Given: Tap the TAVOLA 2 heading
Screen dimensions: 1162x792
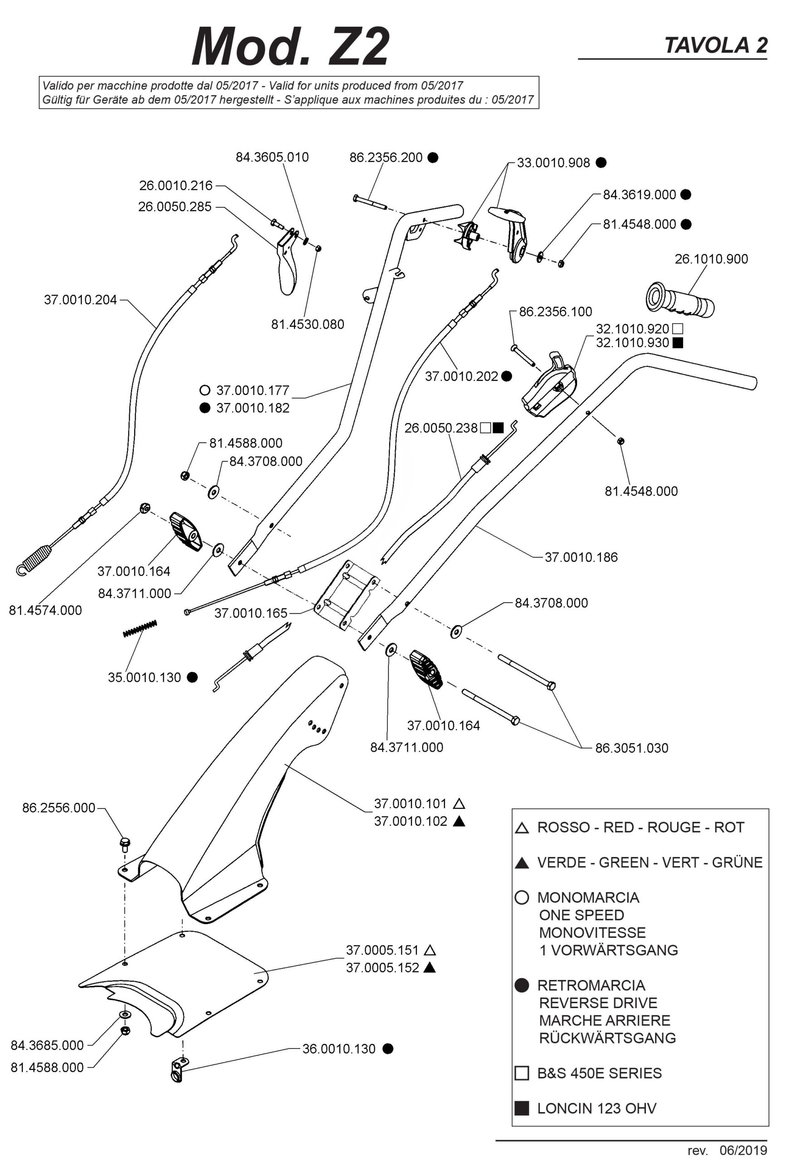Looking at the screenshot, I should point(715,45).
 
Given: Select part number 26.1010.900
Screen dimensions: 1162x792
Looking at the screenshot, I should point(711,259).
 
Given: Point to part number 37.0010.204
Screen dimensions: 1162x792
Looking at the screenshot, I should point(80,300).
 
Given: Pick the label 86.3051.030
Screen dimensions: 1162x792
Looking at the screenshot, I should point(631,748).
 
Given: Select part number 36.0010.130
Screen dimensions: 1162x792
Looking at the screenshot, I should point(339,1049).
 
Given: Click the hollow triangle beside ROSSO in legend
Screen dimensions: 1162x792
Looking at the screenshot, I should point(522,828).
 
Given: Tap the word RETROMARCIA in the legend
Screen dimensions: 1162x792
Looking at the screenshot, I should point(591,985).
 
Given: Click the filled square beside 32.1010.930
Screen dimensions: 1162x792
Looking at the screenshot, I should point(678,343).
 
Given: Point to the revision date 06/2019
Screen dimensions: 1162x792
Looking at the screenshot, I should point(743,1151).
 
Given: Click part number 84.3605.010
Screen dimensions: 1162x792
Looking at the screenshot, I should point(272,157).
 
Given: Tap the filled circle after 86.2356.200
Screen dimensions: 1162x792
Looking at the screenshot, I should point(433,158).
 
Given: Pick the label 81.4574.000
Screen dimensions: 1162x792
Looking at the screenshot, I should point(45,610).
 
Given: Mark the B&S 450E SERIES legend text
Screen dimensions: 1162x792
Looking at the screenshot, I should point(599,1073).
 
